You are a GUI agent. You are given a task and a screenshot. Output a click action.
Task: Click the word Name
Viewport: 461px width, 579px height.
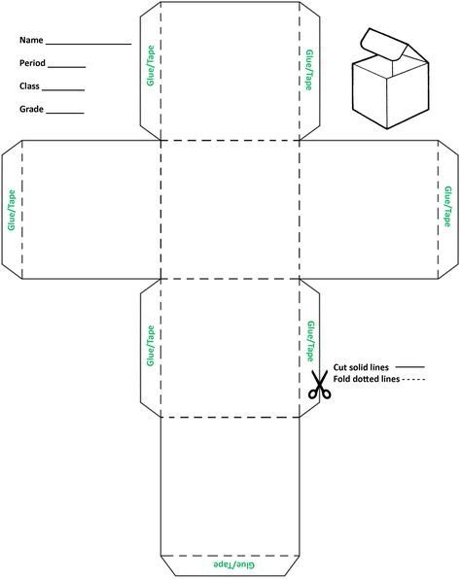(31, 40)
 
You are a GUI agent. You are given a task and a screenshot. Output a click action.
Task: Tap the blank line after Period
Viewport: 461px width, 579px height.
(67, 68)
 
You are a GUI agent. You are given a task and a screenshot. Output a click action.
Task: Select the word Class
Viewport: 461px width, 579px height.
(29, 86)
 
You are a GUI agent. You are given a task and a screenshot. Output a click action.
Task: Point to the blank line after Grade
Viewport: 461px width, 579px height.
(65, 114)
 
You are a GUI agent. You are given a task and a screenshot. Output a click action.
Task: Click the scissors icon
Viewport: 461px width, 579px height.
(319, 385)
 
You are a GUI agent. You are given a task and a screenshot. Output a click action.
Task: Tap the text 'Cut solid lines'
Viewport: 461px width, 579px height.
(361, 367)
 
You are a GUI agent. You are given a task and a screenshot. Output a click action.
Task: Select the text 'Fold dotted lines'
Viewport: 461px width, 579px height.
(367, 379)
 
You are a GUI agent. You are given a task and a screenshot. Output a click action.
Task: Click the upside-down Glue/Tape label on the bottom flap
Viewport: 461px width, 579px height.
(234, 564)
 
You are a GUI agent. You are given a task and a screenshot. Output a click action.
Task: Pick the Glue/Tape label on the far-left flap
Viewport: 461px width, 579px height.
(12, 210)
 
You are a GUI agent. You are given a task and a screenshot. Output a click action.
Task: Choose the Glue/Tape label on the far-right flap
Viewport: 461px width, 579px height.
(447, 206)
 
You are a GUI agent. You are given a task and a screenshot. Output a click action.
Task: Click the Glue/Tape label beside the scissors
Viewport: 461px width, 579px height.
(311, 341)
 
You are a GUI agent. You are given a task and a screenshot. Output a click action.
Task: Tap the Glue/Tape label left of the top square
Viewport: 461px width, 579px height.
(151, 65)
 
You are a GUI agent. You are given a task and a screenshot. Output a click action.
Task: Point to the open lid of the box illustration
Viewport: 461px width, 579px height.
(384, 45)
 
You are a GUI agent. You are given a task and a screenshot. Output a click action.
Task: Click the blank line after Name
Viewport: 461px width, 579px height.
(89, 45)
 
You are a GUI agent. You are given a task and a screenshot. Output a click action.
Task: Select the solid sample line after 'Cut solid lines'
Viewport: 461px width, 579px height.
(410, 367)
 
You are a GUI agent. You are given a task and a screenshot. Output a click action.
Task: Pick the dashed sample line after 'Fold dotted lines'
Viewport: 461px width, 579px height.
(413, 379)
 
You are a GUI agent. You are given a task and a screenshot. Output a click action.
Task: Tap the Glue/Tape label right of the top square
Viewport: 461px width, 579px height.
(309, 70)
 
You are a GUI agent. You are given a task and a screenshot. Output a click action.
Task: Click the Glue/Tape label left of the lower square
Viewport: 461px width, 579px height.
(151, 346)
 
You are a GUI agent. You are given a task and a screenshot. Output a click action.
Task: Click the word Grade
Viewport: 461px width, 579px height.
(31, 110)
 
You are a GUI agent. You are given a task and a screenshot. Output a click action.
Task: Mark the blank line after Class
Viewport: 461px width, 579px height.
(63, 90)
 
